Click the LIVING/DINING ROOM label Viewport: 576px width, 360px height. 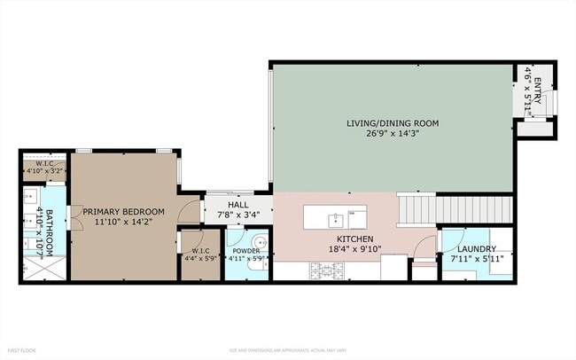[392, 122]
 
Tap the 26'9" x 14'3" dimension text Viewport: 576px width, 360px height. [392, 135]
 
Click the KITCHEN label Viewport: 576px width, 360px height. [354, 239]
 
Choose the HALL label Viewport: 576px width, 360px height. [225, 205]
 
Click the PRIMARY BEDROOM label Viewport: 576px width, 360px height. [124, 211]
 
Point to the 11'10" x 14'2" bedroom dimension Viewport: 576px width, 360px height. [124, 223]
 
